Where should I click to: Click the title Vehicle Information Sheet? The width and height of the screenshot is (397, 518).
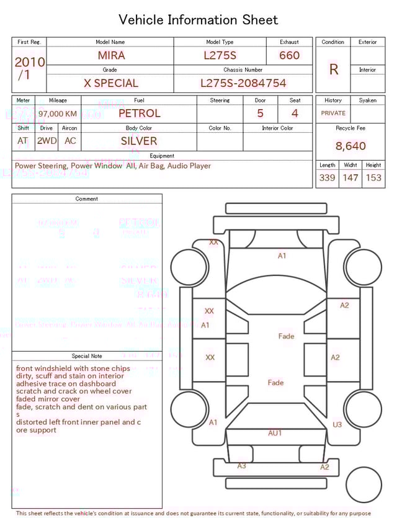(198, 20)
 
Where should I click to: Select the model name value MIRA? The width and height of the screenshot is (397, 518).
(111, 55)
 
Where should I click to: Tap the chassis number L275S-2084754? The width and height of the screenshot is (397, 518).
(243, 83)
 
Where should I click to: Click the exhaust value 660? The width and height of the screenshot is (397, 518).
(289, 55)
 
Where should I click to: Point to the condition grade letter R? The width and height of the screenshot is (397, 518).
(334, 69)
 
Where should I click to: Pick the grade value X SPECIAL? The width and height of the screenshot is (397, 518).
(111, 83)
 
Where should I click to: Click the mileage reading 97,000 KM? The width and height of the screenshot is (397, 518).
(58, 114)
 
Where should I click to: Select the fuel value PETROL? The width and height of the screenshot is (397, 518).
(139, 114)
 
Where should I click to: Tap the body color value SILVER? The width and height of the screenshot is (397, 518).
(139, 141)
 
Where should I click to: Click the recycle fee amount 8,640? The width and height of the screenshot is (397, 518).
(350, 146)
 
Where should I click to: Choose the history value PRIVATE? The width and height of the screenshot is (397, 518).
(333, 114)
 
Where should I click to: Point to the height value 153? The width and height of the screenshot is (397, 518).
(373, 177)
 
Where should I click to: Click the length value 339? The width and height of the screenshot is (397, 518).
(327, 177)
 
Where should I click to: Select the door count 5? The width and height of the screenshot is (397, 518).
(261, 114)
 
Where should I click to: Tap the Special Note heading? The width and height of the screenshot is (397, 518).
(87, 356)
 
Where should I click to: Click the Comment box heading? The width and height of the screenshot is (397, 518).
(87, 199)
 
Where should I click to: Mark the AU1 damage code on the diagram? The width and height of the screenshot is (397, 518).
(275, 433)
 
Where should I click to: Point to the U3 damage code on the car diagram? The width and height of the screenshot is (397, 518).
(337, 425)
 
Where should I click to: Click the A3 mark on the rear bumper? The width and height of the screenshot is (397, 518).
(241, 466)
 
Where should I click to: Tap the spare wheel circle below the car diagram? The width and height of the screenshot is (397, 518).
(364, 485)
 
